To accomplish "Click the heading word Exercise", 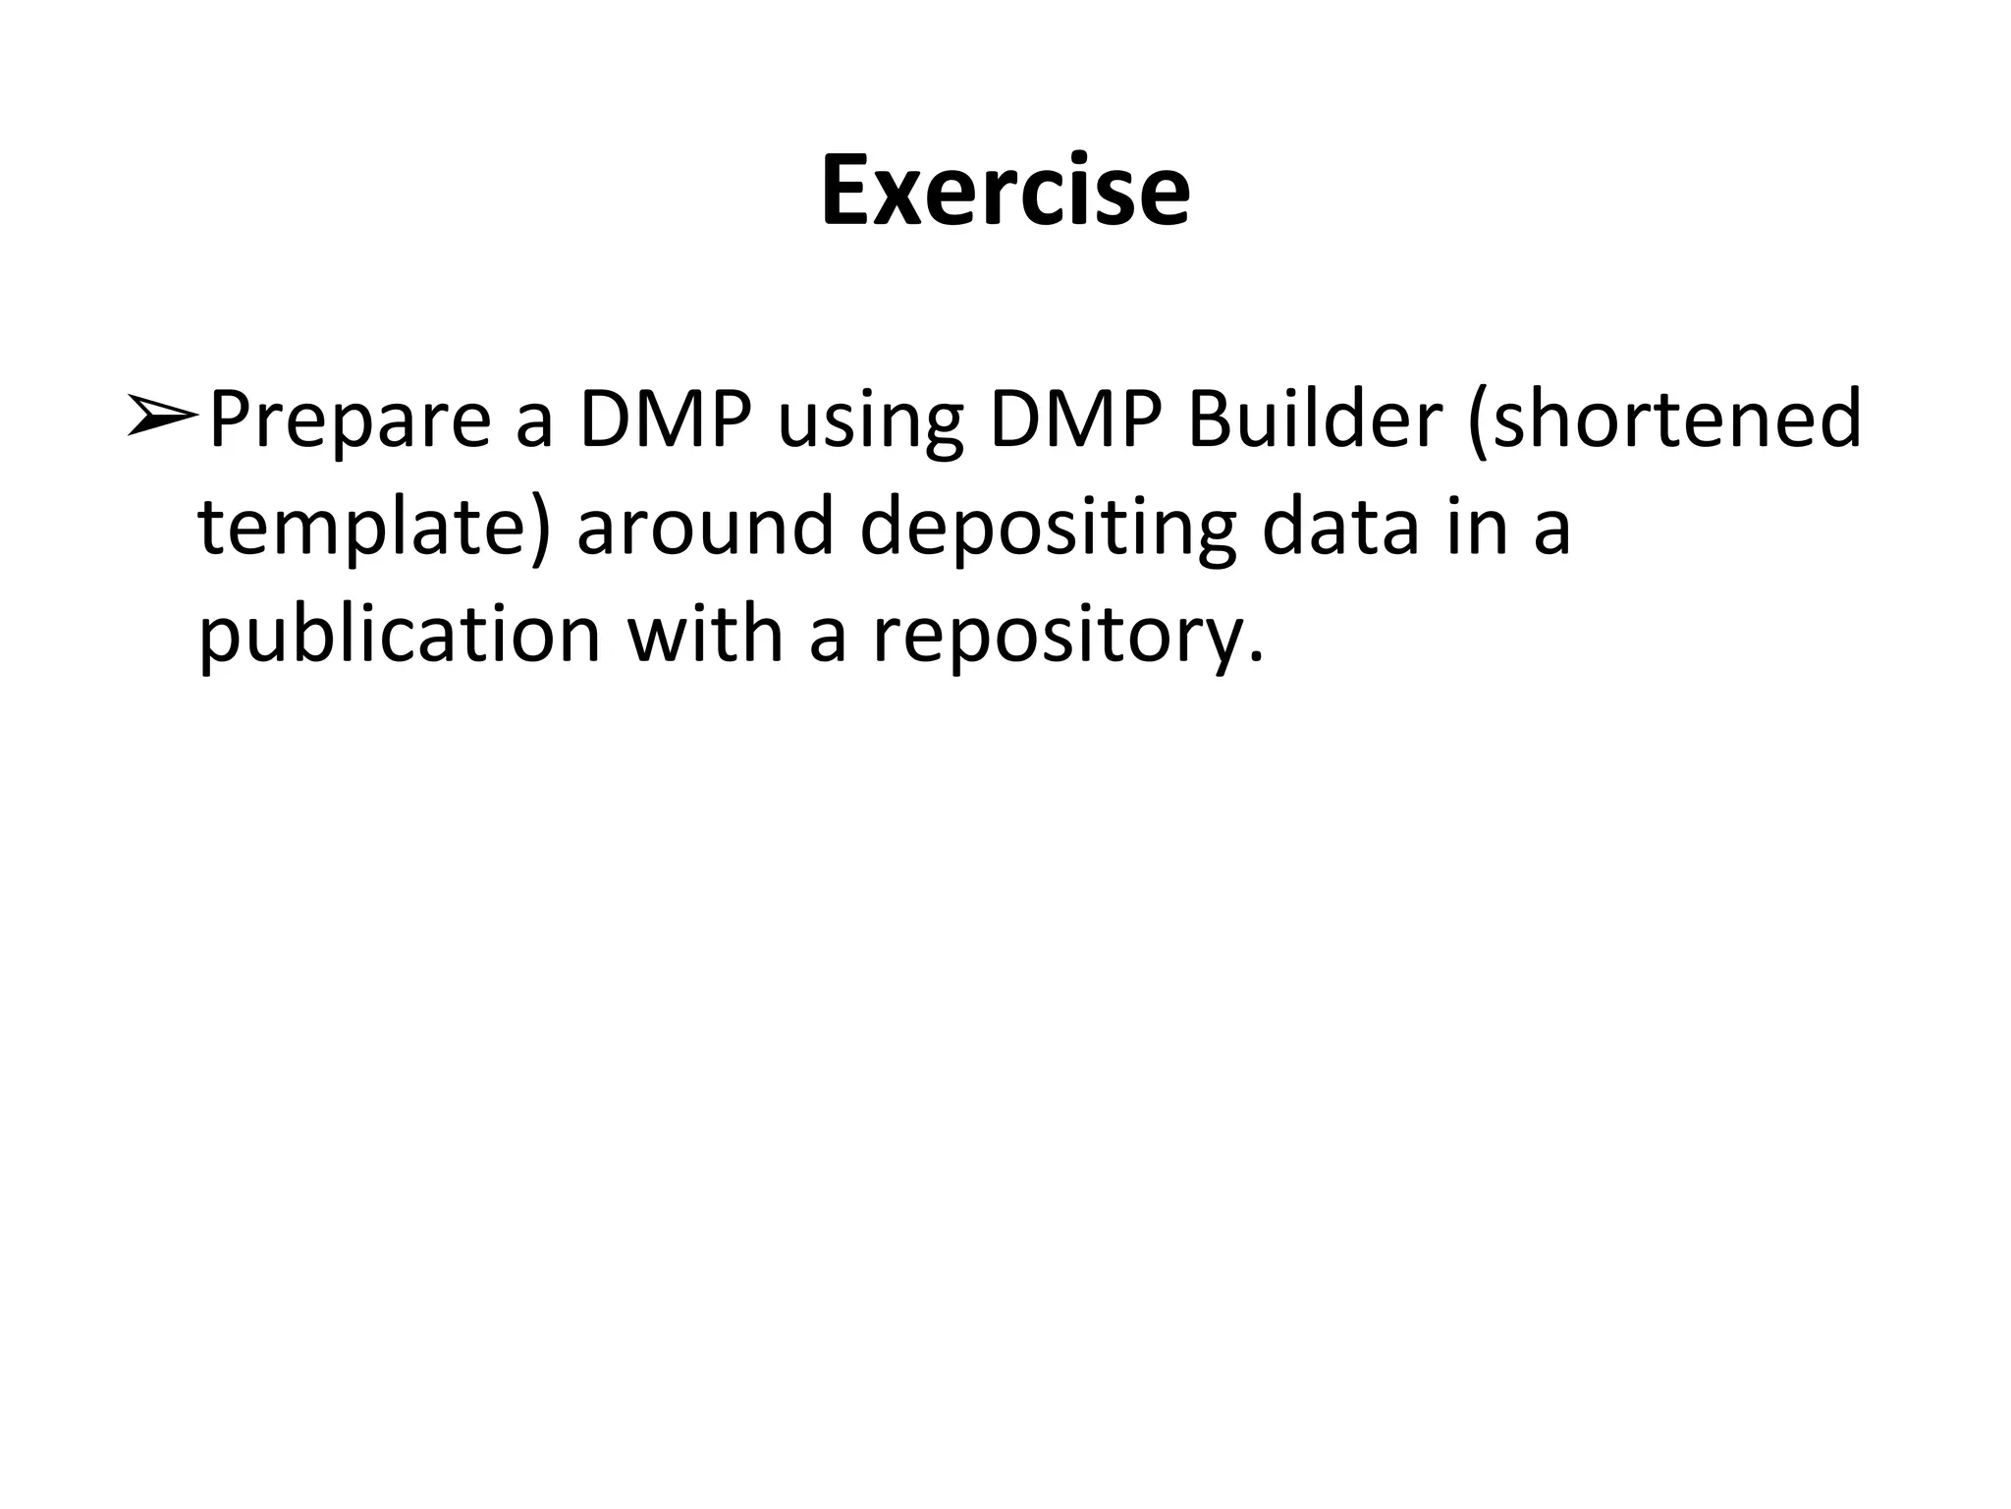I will click(x=1005, y=191).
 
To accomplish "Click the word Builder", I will click(x=1314, y=420).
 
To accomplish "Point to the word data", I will click(x=1339, y=529).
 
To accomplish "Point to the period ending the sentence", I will click(x=1254, y=658).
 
